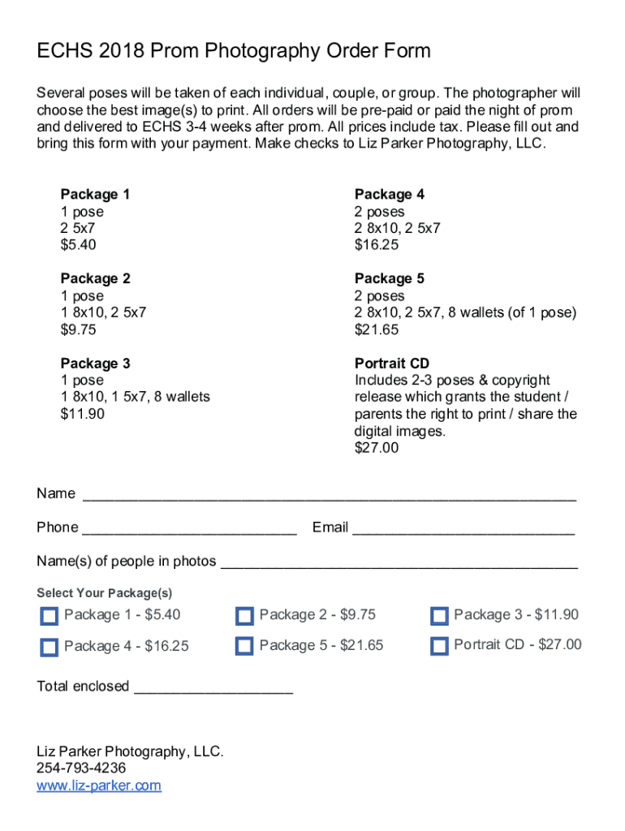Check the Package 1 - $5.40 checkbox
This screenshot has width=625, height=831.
49,616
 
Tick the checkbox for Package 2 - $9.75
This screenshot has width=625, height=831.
244,616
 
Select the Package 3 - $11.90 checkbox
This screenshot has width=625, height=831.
439,616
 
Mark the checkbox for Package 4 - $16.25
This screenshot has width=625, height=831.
49,647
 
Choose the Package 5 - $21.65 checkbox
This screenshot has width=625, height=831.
244,646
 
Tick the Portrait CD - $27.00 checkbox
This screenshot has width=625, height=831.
439,646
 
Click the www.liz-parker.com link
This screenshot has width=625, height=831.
99,786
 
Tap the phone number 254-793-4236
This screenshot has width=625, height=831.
81,769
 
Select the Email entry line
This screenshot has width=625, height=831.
463,529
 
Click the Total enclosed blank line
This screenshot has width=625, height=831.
213,688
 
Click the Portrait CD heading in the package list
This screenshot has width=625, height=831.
392,364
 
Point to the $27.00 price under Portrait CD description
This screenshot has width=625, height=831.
377,448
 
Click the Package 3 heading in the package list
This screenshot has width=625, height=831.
95,364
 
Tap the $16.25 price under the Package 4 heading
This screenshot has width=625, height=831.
377,245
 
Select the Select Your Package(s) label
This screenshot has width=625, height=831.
104,593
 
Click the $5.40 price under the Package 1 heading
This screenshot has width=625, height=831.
78,245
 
